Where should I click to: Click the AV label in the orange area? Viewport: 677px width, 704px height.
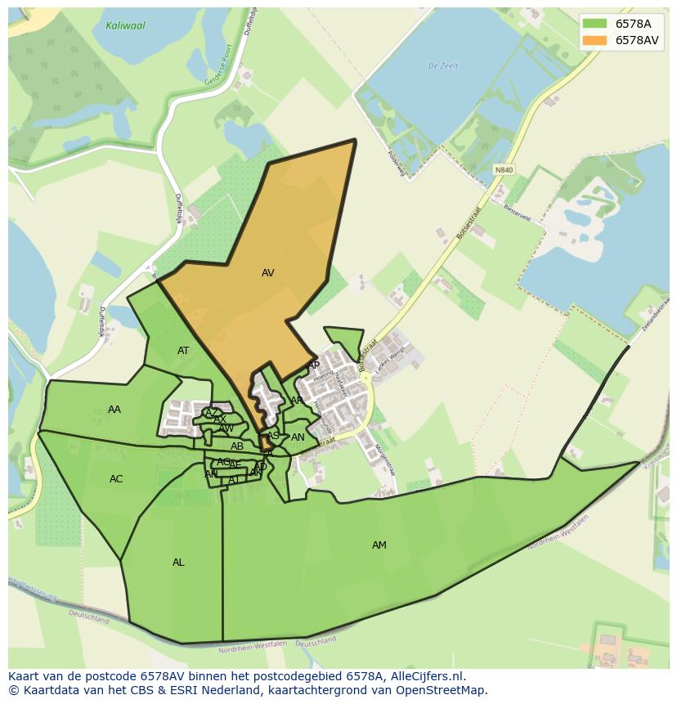[x=267, y=273]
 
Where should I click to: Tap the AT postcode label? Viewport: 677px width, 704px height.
[x=183, y=351]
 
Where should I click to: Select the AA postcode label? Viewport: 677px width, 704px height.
[x=114, y=410]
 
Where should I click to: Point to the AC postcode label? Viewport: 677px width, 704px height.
[x=116, y=479]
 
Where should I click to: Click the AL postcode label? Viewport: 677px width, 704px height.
[x=178, y=563]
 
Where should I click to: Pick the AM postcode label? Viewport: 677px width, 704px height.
[x=379, y=545]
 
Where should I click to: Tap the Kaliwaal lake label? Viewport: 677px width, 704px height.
[x=125, y=26]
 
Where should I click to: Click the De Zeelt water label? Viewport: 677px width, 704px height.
[x=444, y=66]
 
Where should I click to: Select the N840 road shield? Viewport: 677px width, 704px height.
[x=504, y=170]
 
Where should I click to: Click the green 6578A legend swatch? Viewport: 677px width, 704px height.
[x=595, y=24]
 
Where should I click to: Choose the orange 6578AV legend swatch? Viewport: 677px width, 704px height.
[x=595, y=40]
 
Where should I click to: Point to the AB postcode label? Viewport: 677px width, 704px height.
[x=237, y=446]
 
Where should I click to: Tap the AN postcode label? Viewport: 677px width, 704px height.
[x=298, y=437]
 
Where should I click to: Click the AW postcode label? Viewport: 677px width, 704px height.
[x=226, y=428]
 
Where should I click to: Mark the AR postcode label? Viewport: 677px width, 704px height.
[x=297, y=401]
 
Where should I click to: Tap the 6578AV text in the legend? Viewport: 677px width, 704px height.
[x=638, y=40]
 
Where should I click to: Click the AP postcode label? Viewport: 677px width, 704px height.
[x=313, y=365]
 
